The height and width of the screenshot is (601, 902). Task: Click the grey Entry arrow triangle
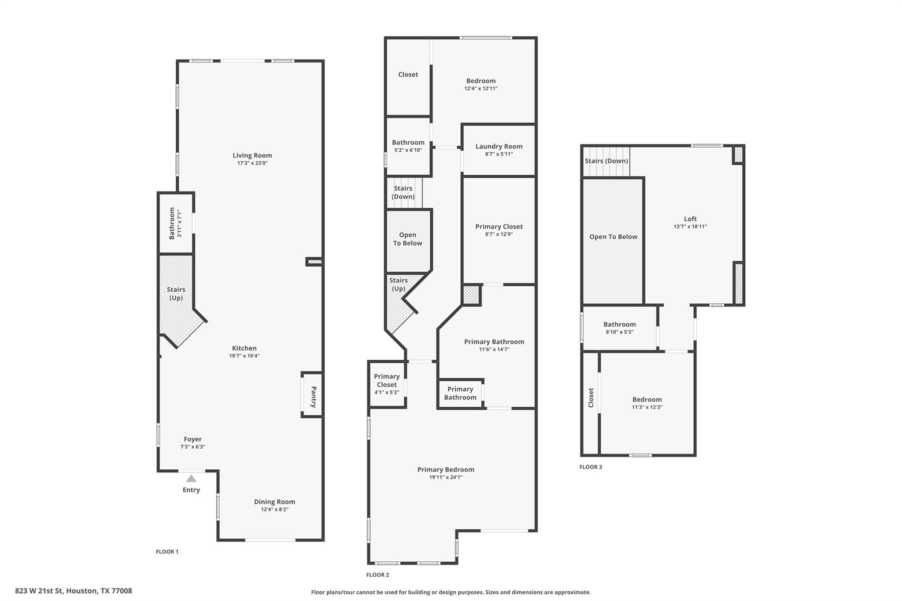191,479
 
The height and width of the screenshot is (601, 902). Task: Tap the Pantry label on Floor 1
314,397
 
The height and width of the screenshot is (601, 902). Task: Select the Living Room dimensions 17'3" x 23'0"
252,163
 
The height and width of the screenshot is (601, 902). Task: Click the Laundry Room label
499,146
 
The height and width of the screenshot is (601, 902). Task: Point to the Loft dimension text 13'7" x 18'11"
690,227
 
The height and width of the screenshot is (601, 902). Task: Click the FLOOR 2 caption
377,575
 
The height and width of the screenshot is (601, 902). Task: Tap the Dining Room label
274,501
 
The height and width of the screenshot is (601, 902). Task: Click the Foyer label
192,439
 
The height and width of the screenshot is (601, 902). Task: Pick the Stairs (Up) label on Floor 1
176,294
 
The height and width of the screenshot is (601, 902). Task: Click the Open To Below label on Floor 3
613,237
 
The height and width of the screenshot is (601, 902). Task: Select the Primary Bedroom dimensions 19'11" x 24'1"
446,477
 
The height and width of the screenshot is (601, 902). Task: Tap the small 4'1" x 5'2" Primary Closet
387,384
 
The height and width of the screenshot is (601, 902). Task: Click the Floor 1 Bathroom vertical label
172,223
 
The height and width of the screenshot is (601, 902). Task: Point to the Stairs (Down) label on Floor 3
606,161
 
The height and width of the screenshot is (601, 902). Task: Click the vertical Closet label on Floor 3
591,398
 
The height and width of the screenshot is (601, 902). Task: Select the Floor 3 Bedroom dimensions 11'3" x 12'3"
647,407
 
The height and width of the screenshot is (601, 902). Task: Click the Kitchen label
244,348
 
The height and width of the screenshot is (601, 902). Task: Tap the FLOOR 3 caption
590,467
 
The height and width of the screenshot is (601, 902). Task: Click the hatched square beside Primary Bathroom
471,295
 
